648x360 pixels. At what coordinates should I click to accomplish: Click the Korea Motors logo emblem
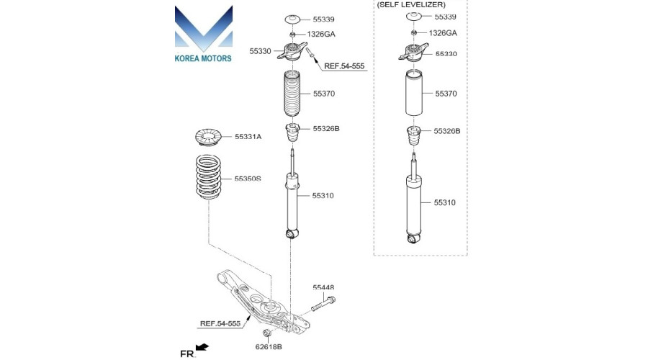203,28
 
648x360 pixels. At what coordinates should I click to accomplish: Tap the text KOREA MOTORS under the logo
203,58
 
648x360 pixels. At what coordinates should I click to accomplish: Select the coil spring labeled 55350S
208,177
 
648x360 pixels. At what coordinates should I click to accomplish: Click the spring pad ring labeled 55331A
208,138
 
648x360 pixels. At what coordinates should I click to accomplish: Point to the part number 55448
323,287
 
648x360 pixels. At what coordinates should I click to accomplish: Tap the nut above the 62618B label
267,333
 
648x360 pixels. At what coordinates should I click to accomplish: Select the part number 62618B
269,347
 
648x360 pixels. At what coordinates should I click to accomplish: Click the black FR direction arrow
202,347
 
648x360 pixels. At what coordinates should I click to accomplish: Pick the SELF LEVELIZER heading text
411,5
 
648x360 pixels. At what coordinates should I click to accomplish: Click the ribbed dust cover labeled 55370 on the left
292,94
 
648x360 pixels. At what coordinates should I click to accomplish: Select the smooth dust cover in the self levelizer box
413,93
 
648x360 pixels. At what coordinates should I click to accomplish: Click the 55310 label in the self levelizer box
445,202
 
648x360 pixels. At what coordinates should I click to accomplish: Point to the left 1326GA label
320,35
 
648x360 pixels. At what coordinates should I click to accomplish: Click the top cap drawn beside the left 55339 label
293,19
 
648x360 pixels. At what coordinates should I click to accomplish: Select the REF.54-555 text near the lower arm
220,323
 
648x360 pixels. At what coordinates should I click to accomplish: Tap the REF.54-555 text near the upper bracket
344,66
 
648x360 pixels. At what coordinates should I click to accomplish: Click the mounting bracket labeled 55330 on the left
292,52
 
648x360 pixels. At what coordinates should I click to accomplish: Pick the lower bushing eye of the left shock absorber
292,234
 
